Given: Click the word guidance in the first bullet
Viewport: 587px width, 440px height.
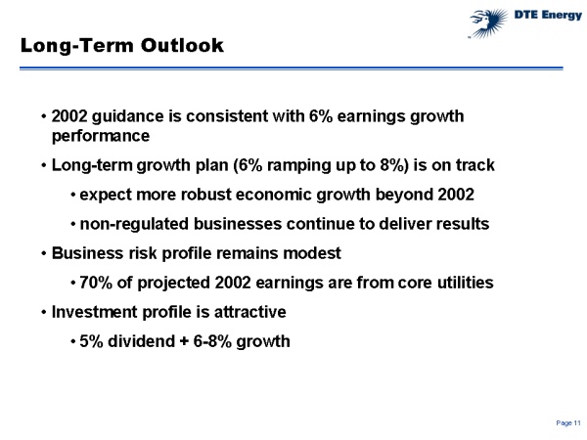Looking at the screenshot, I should tap(127, 115).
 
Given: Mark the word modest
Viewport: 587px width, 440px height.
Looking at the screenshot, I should tap(309, 252).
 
